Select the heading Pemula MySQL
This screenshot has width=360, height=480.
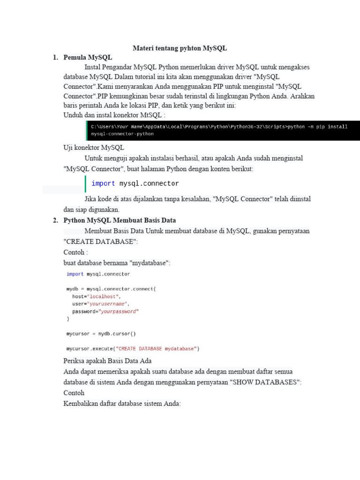pos(88,57)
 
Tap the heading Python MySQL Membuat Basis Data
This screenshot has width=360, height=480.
pos(120,220)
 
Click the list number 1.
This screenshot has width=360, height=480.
pos(55,57)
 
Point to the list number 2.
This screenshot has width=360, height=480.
pos(55,220)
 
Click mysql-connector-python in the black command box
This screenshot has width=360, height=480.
pos(122,134)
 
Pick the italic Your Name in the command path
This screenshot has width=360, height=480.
pos(129,127)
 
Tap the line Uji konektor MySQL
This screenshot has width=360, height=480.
pos(94,148)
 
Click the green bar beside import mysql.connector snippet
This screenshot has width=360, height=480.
pos(86,184)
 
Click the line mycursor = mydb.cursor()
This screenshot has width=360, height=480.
pos(101,334)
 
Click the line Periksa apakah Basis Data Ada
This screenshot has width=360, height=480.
pos(107,361)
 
